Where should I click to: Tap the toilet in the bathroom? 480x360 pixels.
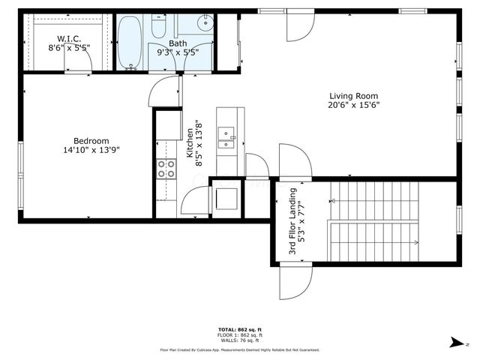point(159,27)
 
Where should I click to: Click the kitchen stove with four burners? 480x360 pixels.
point(166,169)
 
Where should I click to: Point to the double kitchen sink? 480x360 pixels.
point(226,136)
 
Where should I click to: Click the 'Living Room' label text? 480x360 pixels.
point(354,95)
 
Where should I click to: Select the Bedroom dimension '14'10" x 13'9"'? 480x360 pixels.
point(91,150)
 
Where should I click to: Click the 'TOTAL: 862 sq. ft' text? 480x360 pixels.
point(239,329)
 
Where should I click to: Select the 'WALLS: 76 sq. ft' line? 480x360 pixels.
point(239,341)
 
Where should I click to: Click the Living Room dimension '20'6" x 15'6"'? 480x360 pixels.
point(354,105)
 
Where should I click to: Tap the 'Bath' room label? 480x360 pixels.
point(177,43)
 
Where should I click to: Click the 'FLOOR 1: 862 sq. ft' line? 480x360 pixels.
point(239,335)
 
